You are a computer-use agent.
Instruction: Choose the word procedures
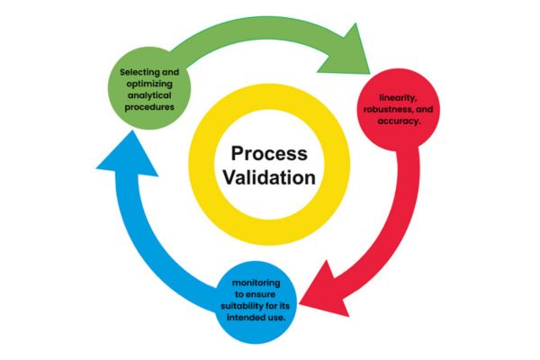click(x=158, y=110)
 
